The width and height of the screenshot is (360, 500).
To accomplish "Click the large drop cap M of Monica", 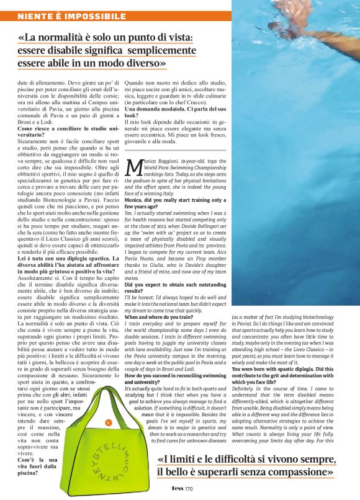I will [x=134, y=167].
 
